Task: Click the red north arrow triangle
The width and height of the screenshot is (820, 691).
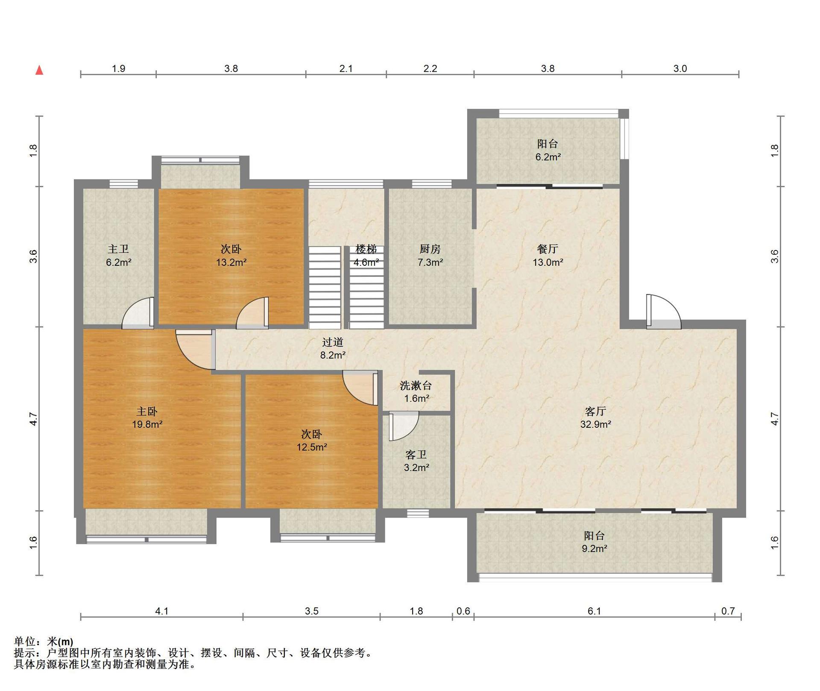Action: (x=39, y=70)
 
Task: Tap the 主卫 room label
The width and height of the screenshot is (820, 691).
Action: (x=118, y=249)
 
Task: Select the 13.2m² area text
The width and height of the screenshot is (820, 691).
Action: (x=231, y=262)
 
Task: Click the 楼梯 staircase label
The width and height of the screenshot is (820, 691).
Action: (x=366, y=249)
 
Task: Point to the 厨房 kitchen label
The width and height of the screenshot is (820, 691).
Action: (x=430, y=249)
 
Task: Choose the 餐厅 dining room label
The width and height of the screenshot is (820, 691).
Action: (x=548, y=249)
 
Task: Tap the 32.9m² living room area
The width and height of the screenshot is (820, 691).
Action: (x=595, y=424)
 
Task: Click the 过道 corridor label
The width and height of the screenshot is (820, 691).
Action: (x=333, y=342)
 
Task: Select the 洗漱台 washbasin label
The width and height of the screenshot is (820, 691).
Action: (x=416, y=386)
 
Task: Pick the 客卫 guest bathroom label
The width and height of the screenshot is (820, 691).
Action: (x=416, y=455)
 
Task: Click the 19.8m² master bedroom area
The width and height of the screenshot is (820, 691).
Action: (x=147, y=424)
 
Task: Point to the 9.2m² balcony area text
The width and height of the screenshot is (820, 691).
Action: (x=594, y=548)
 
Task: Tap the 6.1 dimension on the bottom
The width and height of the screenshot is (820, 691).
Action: (x=594, y=611)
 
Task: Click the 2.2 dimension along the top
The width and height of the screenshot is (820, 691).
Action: (x=430, y=68)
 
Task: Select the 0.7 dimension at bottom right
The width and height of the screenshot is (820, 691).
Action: (x=728, y=611)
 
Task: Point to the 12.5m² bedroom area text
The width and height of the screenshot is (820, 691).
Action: (x=312, y=447)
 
